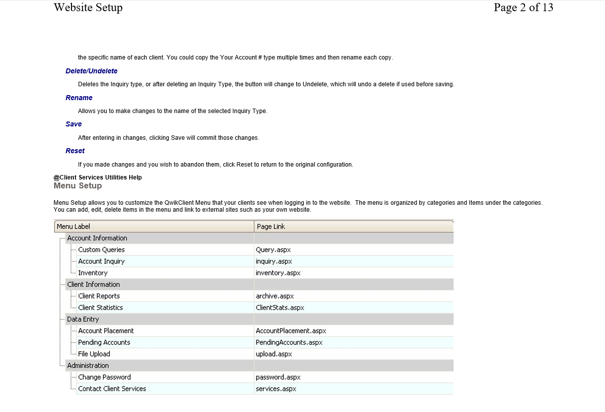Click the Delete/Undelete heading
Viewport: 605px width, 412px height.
[x=91, y=71]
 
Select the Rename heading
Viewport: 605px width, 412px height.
[x=79, y=98]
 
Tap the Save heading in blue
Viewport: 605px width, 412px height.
[x=73, y=124]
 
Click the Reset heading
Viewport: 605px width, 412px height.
[x=75, y=151]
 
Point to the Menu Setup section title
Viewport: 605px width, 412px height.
[x=77, y=185]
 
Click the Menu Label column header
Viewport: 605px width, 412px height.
[x=73, y=227]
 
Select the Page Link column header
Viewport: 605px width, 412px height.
[x=271, y=227]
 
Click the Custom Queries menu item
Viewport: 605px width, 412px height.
[x=101, y=250]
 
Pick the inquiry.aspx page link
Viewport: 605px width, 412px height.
[x=274, y=261]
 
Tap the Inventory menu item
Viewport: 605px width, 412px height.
[x=93, y=273]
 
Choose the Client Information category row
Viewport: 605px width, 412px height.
[x=93, y=285]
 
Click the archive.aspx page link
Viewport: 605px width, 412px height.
[x=275, y=296]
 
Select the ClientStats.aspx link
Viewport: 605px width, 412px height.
[x=280, y=308]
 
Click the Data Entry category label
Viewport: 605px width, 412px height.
[x=83, y=319]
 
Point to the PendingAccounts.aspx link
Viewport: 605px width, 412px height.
[x=289, y=343]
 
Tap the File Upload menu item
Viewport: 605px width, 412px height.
[x=94, y=354]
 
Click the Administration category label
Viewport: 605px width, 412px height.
[x=88, y=365]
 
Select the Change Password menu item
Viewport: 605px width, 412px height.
[x=104, y=377]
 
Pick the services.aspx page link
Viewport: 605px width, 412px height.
[x=276, y=389]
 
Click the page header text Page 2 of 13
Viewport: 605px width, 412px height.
[x=523, y=7]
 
